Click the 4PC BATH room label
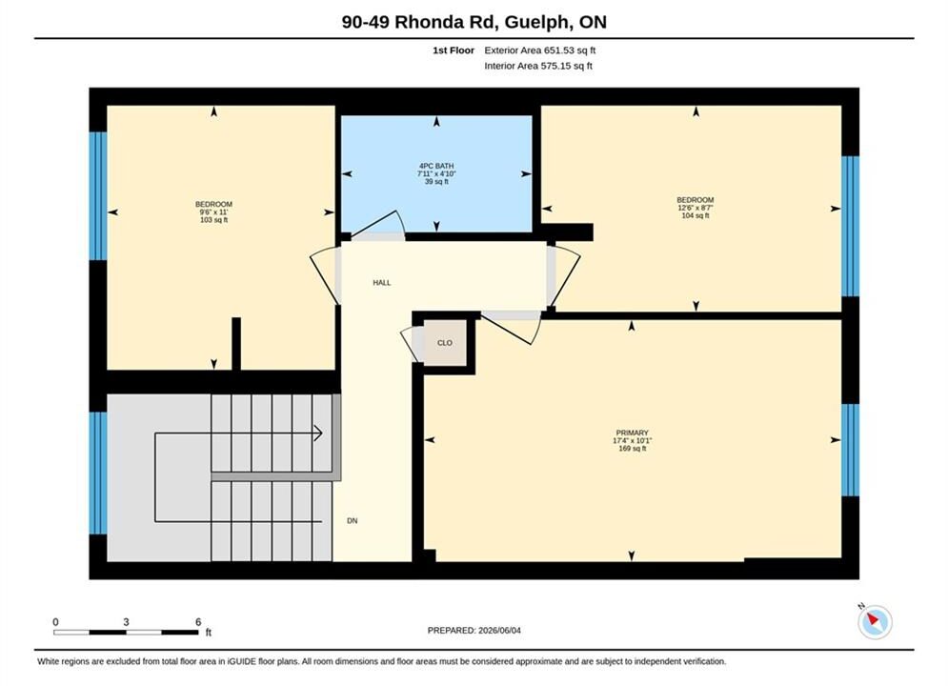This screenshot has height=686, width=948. pyautogui.click(x=436, y=166)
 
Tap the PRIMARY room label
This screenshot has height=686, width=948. pyautogui.click(x=632, y=433)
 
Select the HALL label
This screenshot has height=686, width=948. pyautogui.click(x=381, y=282)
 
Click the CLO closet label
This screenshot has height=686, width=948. pyautogui.click(x=444, y=343)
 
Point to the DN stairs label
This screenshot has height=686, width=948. pyautogui.click(x=352, y=520)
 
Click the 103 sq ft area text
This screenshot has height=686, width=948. pyautogui.click(x=213, y=220)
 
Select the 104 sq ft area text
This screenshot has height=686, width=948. pyautogui.click(x=696, y=215)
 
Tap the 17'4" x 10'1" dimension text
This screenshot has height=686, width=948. pyautogui.click(x=632, y=440)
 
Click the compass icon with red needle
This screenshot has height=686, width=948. pyautogui.click(x=875, y=621)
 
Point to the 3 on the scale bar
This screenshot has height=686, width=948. pyautogui.click(x=126, y=622)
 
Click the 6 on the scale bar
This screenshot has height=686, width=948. pyautogui.click(x=198, y=622)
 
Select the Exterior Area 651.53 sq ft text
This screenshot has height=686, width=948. pyautogui.click(x=540, y=50)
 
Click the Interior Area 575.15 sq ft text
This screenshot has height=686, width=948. pyautogui.click(x=538, y=66)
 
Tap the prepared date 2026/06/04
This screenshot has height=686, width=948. pyautogui.click(x=499, y=631)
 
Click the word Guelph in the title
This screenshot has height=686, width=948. pyautogui.click(x=536, y=22)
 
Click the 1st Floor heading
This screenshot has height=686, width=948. pyautogui.click(x=454, y=50)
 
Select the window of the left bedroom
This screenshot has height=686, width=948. pyautogui.click(x=98, y=196)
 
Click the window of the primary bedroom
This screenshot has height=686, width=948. pyautogui.click(x=850, y=450)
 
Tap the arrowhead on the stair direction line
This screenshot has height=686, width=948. pyautogui.click(x=318, y=434)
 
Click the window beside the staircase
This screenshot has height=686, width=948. pyautogui.click(x=98, y=474)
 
